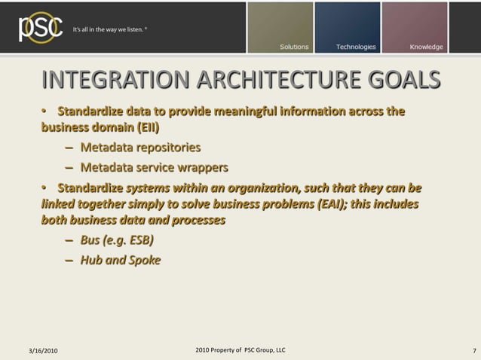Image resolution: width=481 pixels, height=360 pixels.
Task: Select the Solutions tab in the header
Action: point(294,47)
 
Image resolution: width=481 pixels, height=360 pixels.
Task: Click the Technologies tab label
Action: point(356,47)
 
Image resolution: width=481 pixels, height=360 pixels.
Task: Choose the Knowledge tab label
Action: point(426,47)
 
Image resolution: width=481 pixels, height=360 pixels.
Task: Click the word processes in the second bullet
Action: point(198,222)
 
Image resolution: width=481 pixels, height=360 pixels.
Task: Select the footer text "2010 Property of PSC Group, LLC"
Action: point(240,350)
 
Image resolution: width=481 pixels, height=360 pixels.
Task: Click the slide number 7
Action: point(473,352)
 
